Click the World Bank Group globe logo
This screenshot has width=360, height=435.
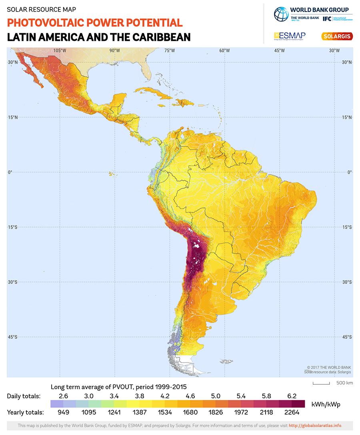(281, 14)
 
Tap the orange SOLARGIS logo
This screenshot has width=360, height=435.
(336, 36)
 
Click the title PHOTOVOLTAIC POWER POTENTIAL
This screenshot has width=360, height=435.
(95, 23)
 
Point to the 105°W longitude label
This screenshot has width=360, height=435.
(60, 50)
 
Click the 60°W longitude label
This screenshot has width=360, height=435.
(224, 50)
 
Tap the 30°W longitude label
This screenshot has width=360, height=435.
(334, 50)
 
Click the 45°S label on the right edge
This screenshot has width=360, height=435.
(346, 337)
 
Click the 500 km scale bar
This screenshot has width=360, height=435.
(321, 383)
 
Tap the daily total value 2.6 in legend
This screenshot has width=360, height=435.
(63, 396)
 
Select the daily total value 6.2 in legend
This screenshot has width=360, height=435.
(292, 396)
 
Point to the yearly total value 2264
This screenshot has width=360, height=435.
(292, 412)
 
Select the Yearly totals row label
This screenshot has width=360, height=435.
(25, 412)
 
